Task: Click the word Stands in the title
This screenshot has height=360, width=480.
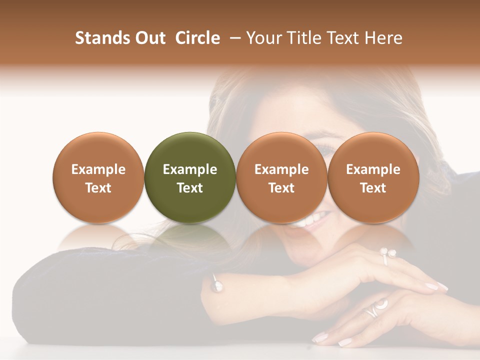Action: pos(102,38)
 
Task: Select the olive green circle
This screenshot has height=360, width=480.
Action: pos(190,178)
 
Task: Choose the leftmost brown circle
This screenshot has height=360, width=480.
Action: pos(98,178)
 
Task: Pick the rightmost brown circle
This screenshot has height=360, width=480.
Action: pos(373,178)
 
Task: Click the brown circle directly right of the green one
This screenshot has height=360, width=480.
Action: pos(281,178)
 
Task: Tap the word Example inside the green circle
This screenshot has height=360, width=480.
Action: pos(190,169)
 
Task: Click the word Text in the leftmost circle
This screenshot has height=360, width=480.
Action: pos(98,188)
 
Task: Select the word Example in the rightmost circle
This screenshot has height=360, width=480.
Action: pos(373,169)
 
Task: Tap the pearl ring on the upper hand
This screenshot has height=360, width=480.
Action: pos(387,254)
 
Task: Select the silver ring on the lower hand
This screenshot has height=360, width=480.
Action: pos(375,308)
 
